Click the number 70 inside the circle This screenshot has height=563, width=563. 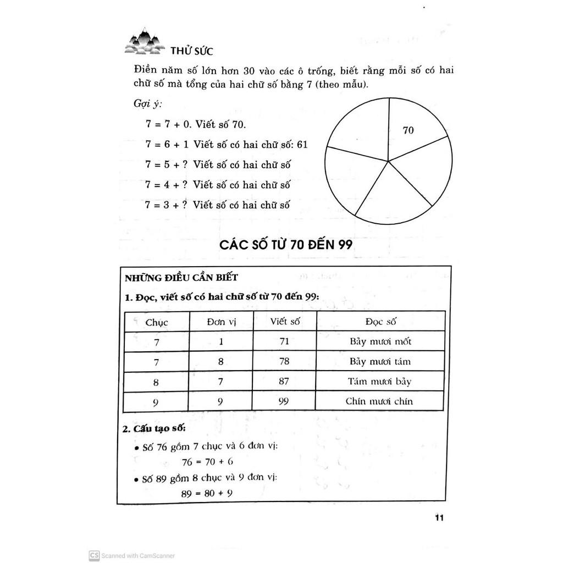(x=408, y=130)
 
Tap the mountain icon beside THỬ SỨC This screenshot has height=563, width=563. (x=144, y=42)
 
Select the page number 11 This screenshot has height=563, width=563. (x=439, y=517)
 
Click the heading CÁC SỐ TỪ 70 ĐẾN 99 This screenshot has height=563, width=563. (x=286, y=245)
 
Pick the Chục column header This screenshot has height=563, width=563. (x=157, y=322)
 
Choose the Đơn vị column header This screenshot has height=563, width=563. (x=222, y=322)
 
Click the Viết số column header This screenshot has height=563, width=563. (x=284, y=322)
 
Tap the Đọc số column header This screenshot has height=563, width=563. (x=380, y=322)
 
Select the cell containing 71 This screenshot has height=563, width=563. (x=284, y=341)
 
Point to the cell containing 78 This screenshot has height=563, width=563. (x=284, y=361)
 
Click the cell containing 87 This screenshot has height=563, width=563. (x=284, y=381)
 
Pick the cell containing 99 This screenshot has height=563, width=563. (x=284, y=401)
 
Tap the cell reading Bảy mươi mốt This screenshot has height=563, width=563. (x=380, y=341)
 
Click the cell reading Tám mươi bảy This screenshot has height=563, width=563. (x=380, y=381)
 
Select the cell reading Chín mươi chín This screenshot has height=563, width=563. (x=380, y=401)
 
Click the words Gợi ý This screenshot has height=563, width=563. (x=144, y=104)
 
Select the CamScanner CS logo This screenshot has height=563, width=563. (x=94, y=555)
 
